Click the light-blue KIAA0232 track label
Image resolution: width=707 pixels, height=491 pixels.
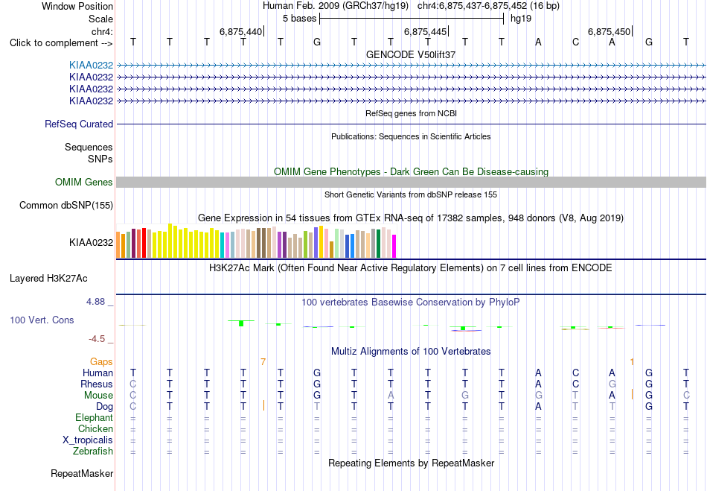pos(91,66)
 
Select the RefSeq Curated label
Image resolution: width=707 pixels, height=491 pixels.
pos(79,124)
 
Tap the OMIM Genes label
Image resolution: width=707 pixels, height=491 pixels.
pos(84,183)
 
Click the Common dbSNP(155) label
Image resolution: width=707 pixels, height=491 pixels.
pos(66,206)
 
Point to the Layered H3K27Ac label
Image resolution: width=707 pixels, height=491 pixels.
pos(48,279)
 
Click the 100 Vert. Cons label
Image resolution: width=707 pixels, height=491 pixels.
pos(42,320)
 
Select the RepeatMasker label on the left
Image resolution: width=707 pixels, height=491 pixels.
pos(82,473)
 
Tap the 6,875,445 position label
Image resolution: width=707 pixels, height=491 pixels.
pos(425,31)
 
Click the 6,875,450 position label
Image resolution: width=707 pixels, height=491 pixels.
pos(610,31)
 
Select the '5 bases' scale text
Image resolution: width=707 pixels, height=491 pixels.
pos(300,19)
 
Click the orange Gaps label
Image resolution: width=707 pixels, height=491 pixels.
pos(101,362)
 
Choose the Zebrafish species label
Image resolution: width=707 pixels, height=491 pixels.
pos(93,452)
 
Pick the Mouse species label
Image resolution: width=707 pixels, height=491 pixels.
pos(99,396)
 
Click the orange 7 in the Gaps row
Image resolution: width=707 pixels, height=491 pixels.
pos(263,362)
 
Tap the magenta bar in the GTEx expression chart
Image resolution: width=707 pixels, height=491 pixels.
pos(394,246)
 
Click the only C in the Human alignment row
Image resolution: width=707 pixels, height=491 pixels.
pos(575,373)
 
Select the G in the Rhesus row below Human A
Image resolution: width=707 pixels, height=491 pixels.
pos(612,384)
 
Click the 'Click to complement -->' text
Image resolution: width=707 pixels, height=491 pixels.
pos(61,43)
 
